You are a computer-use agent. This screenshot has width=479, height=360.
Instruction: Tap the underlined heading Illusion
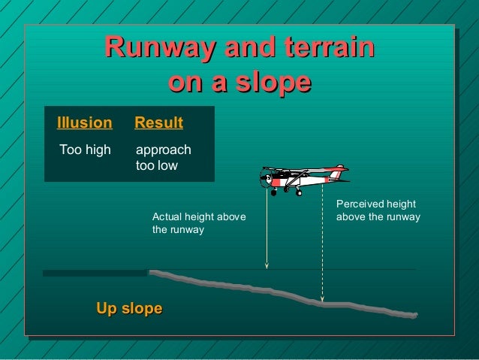pos(84,123)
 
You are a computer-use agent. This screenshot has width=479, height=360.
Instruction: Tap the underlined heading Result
pos(158,123)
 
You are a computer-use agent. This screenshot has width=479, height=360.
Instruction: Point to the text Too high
pos(85,150)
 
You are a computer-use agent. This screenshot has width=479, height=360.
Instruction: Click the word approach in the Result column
pos(163,150)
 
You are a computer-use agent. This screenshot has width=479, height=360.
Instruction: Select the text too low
pos(156,165)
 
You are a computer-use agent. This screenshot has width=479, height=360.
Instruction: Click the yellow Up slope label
pos(129,308)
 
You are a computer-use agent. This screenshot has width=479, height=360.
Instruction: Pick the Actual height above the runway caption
pos(199,223)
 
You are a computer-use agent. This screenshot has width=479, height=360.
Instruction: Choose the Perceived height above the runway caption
pos(378,210)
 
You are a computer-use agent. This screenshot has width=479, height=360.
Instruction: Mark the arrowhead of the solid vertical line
pos(267,265)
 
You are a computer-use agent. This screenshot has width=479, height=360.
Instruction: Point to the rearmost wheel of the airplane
pos(299,192)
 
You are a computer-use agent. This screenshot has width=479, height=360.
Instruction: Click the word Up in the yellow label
pos(106,308)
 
